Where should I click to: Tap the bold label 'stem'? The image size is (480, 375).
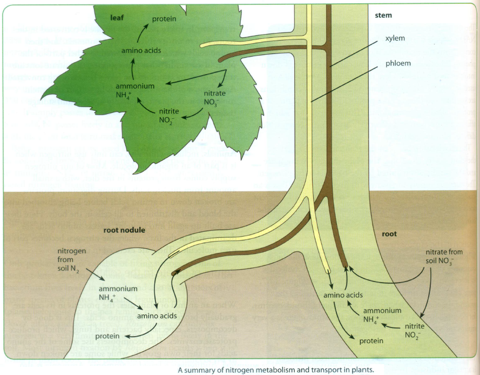pyautogui.click(x=383, y=15)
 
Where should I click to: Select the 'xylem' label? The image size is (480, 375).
pyautogui.click(x=395, y=38)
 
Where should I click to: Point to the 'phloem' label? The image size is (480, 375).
pyautogui.click(x=398, y=63)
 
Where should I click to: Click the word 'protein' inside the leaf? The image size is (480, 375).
pyautogui.click(x=164, y=19)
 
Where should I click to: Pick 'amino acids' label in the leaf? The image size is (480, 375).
pyautogui.click(x=141, y=51)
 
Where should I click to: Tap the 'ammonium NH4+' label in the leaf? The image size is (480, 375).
pyautogui.click(x=135, y=90)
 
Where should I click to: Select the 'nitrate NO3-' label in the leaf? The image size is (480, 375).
pyautogui.click(x=215, y=97)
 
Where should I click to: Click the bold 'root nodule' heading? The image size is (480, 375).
pyautogui.click(x=124, y=230)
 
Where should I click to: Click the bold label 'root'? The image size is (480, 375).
pyautogui.click(x=389, y=234)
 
